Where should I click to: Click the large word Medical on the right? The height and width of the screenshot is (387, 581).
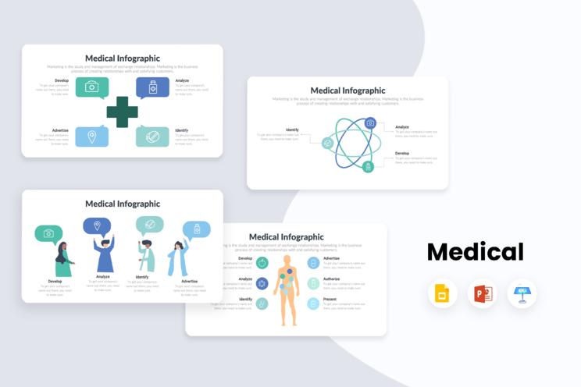475,252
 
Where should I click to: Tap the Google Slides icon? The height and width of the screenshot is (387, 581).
442,294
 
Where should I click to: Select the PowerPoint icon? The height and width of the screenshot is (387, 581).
483,294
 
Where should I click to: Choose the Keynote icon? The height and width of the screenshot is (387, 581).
522,294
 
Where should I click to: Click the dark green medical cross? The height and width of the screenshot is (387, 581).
122,112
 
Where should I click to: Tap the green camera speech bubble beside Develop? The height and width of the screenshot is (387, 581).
91,87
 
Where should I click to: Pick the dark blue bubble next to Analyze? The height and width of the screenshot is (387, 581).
152,87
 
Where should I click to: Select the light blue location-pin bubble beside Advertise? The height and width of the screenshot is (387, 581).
91,137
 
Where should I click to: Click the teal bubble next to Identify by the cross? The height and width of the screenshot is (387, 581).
152,137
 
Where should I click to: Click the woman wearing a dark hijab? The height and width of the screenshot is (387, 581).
62,261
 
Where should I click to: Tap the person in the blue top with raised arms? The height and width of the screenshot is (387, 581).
105,254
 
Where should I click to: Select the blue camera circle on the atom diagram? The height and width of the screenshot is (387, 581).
370,123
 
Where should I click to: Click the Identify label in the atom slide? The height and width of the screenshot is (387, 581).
292,130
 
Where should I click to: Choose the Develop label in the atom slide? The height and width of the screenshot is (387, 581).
402,153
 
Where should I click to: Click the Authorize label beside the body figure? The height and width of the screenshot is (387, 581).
332,279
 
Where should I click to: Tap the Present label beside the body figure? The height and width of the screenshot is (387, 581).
330,299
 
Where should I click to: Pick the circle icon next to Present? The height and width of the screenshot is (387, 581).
313,304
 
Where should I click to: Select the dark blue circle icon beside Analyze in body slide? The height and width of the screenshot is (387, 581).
262,283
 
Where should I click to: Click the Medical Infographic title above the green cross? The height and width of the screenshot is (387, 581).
123,59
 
